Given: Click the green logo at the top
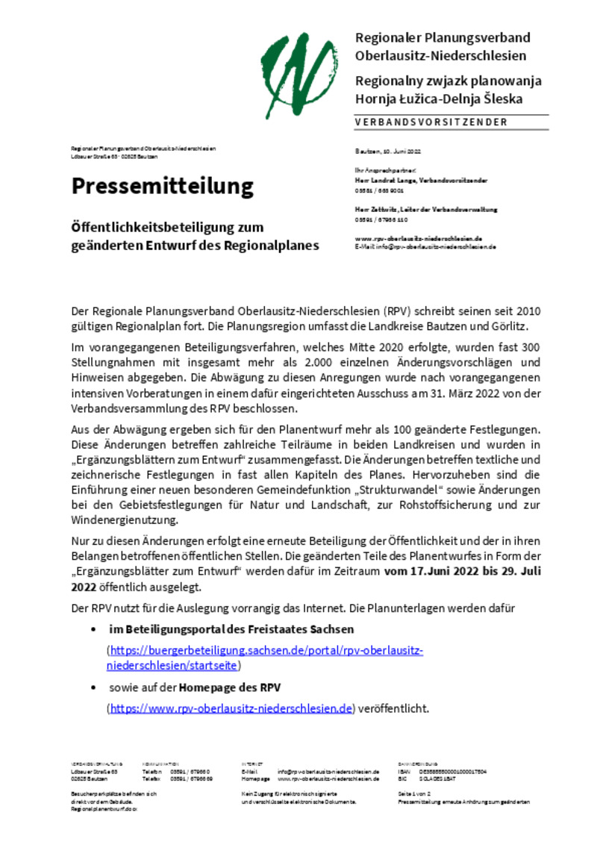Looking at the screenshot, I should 303,70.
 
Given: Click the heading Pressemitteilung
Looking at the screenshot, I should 163,187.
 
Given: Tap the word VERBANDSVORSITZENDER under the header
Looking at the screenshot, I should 431,122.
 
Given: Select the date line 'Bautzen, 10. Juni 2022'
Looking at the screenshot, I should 387,151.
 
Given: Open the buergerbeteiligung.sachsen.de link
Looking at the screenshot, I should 266,657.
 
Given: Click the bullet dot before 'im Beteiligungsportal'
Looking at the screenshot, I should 93,630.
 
